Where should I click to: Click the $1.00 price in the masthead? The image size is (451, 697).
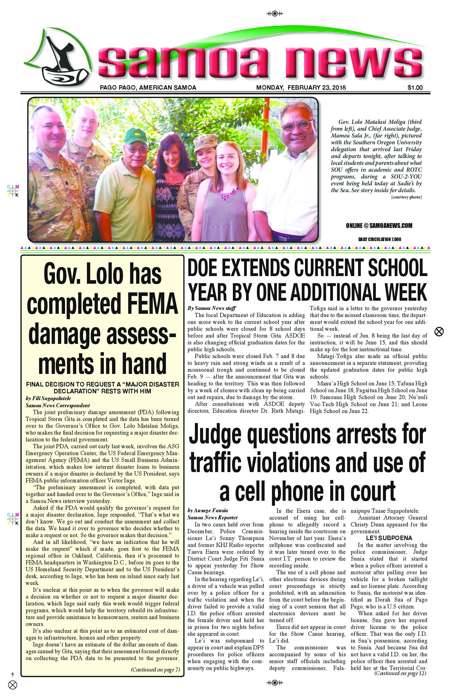(415, 87)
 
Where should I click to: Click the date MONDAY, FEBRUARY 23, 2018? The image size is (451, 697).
(301, 87)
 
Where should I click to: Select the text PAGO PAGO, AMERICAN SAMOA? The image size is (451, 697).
(148, 87)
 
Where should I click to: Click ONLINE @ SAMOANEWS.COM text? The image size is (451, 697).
(379, 225)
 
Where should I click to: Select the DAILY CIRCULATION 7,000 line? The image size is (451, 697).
(380, 239)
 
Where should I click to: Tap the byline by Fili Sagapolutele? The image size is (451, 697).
(48, 398)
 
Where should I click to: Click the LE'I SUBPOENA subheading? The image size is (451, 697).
(389, 538)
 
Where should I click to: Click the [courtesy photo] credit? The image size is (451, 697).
(406, 197)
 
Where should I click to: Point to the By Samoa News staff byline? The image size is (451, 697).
(212, 308)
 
